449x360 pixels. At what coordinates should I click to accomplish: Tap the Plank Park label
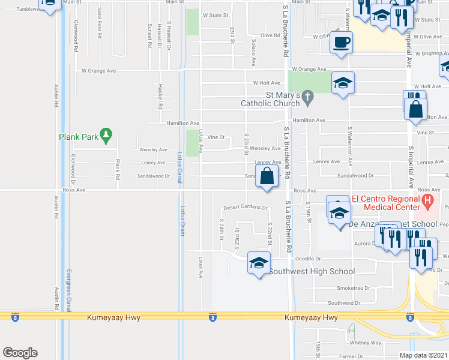coord(78,137)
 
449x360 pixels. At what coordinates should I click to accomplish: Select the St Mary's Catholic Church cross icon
coord(307,95)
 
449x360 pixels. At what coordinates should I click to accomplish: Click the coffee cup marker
coord(342,43)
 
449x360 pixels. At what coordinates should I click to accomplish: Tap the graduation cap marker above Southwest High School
coord(259,263)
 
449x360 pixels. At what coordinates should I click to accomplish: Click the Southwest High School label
coord(312,271)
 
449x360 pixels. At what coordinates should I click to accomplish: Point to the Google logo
coord(20,352)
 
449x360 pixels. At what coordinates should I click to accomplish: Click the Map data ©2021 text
coord(423,355)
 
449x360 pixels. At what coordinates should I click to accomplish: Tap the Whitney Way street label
coord(366,343)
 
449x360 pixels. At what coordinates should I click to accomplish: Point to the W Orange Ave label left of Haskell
coord(98,70)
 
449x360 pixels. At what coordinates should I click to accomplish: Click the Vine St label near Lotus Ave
coord(215,137)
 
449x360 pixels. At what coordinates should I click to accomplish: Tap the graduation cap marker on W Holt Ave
coord(343,83)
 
